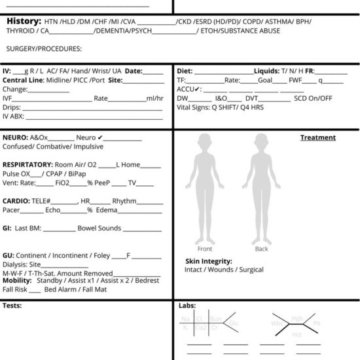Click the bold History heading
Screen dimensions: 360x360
click(24, 22)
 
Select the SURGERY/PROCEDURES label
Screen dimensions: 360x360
click(43, 48)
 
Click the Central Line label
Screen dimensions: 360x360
click(23, 80)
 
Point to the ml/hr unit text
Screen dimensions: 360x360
click(154, 98)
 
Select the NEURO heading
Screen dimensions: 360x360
click(15, 138)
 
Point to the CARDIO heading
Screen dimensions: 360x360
click(16, 201)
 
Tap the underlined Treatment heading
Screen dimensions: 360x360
click(317, 137)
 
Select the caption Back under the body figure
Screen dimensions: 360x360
click(261, 249)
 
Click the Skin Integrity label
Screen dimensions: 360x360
click(209, 261)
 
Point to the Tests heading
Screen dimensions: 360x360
click(12, 305)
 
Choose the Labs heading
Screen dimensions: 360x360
click(187, 305)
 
